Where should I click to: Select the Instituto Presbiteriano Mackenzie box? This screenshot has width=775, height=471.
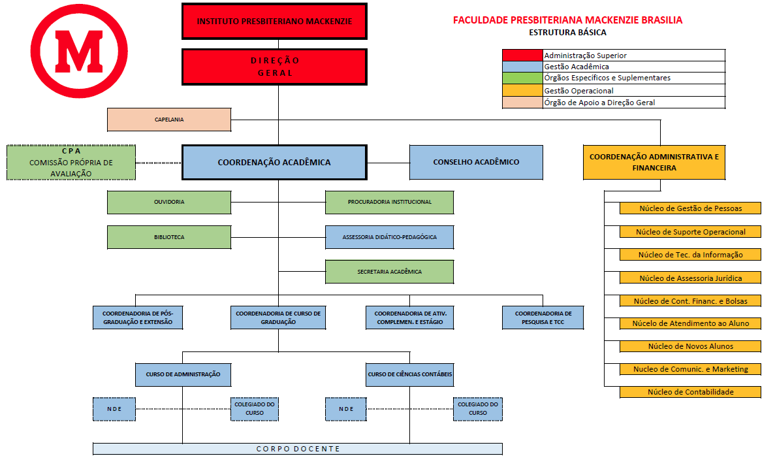(x=275, y=22)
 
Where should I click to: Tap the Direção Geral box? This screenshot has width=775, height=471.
(x=275, y=67)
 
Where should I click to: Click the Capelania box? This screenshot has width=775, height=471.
(x=169, y=120)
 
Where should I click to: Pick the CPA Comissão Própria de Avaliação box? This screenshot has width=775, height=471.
(x=71, y=163)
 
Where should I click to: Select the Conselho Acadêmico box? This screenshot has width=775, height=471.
(x=476, y=162)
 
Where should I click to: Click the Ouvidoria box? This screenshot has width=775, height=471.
(x=169, y=202)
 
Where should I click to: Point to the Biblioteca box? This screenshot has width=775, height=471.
(x=169, y=237)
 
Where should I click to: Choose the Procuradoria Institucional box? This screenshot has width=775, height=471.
(x=389, y=202)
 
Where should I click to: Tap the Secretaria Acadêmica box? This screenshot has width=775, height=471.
(x=389, y=272)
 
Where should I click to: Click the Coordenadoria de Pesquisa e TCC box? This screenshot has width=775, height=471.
(x=543, y=317)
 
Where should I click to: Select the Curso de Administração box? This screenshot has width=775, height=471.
(x=183, y=374)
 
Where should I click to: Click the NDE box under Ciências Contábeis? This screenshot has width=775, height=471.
(x=346, y=409)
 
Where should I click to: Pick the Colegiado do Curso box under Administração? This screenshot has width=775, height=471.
(x=254, y=409)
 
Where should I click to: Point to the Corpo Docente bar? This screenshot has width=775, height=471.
(x=298, y=449)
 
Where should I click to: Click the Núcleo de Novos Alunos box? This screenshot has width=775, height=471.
(x=690, y=346)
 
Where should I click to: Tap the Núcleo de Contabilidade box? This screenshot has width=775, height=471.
(x=690, y=392)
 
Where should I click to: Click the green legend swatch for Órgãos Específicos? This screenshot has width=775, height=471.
(x=522, y=78)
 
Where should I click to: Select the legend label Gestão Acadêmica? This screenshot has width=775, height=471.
(x=577, y=67)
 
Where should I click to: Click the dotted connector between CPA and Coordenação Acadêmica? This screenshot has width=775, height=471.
(x=159, y=163)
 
